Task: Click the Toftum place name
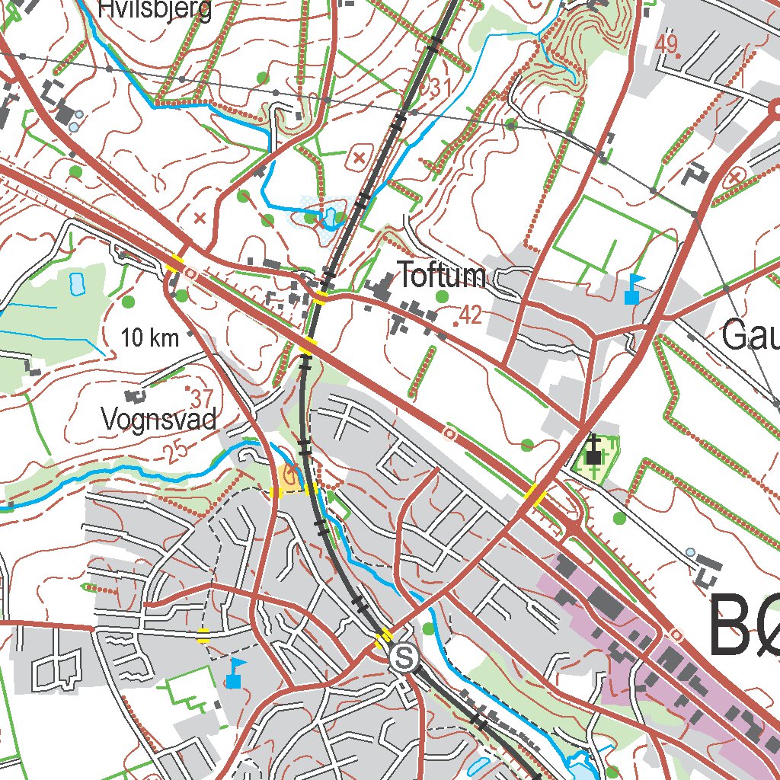(442, 276)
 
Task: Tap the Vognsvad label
(159, 418)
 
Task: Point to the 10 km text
(149, 337)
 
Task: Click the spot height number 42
(470, 315)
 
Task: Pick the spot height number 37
(201, 398)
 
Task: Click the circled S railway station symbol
(403, 657)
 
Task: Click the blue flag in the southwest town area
(235, 673)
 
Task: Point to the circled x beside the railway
(358, 158)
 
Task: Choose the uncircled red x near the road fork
(200, 219)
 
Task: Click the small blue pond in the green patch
(77, 283)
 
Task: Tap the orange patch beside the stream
(289, 476)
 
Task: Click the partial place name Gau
(750, 335)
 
